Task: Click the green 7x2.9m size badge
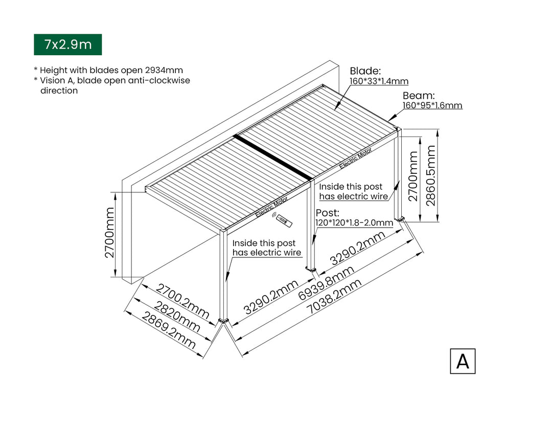pos(67,44)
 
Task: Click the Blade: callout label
pos(365,71)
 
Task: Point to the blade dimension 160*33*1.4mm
pos(379,81)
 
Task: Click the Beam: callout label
pos(419,96)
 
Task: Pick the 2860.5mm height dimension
pos(430,175)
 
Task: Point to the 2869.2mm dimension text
pos(169,331)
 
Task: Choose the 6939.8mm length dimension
pos(326,283)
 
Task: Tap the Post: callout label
pos(328,213)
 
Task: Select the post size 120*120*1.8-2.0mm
pos(354,222)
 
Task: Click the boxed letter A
pos(463,361)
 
